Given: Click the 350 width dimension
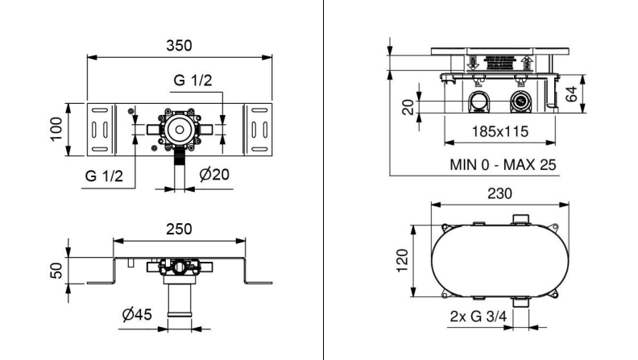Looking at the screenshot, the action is click(179, 46).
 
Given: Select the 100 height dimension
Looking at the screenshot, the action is click(56, 130).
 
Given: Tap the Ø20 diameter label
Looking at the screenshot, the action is click(214, 175).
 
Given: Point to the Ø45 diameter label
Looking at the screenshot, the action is click(137, 314).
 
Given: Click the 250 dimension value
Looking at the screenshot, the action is click(179, 230).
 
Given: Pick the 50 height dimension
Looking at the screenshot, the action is click(56, 271).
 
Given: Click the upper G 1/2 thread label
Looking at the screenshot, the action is click(193, 81).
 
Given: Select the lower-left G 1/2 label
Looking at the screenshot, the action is click(104, 176).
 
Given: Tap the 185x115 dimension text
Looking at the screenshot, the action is click(500, 132).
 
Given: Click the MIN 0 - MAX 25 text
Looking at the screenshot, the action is click(503, 165).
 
